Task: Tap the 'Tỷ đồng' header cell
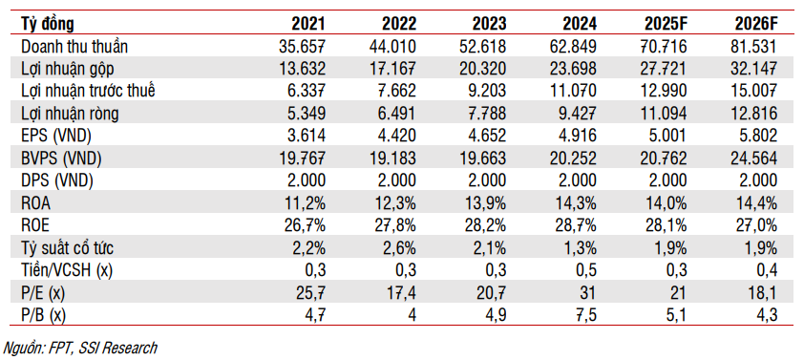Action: point(47,24)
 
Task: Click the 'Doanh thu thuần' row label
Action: point(74,47)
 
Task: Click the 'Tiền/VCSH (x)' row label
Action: point(67,268)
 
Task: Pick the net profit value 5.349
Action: point(307,114)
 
